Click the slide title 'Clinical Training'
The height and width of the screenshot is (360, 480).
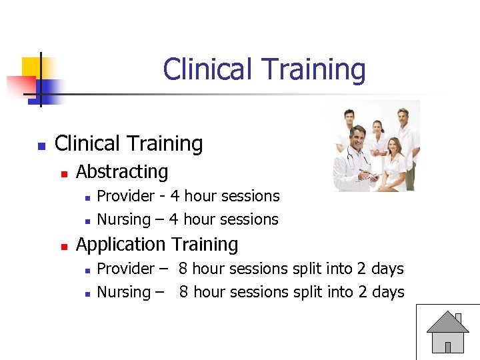[264, 70]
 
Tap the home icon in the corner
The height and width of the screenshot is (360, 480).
[447, 331]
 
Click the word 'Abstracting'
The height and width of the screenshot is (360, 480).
[122, 172]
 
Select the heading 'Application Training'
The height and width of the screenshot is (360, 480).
[157, 245]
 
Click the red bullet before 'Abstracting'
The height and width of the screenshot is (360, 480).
[64, 173]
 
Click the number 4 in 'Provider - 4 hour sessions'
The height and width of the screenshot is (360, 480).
[175, 196]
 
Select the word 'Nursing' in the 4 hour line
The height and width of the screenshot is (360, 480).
[123, 219]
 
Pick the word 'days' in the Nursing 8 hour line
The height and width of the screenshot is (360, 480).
[388, 292]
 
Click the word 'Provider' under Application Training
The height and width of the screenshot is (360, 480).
[125, 269]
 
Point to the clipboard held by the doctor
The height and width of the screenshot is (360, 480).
[370, 177]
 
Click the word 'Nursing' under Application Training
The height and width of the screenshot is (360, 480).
[123, 292]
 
